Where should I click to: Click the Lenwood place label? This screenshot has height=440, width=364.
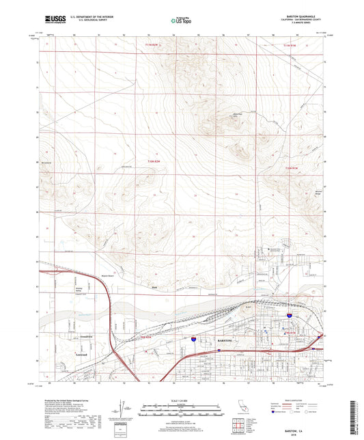click(x=82, y=355)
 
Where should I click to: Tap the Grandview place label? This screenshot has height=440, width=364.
click(x=81, y=337)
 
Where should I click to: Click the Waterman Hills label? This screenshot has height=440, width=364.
click(x=220, y=115)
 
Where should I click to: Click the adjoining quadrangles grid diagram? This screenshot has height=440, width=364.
click(x=239, y=426)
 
